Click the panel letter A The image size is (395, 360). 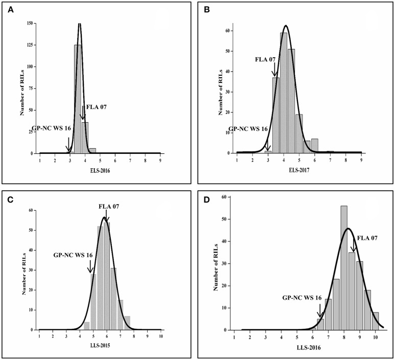click(9, 9)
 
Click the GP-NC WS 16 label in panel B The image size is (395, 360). click(247, 129)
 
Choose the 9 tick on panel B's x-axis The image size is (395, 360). click(361, 160)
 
